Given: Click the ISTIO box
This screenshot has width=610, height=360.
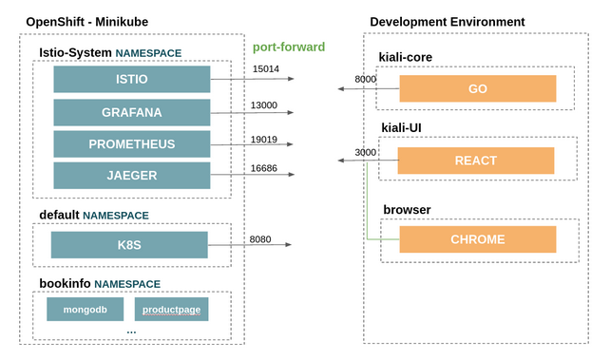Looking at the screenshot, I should click(131, 80).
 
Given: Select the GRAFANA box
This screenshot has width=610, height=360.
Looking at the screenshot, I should click(131, 112).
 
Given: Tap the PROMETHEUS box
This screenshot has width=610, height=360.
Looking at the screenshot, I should click(131, 144).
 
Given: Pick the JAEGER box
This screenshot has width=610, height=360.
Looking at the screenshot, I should click(131, 176).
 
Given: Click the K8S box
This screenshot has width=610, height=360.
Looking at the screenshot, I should click(129, 245).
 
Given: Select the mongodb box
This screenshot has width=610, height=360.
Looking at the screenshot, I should click(85, 309).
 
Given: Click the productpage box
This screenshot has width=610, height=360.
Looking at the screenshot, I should click(171, 309).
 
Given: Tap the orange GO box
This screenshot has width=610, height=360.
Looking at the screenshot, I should click(477, 88).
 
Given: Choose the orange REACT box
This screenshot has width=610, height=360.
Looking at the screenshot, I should click(476, 161).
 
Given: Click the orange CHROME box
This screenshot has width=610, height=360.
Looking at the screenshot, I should click(477, 239).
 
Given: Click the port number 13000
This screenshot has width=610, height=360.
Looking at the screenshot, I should click(264, 104).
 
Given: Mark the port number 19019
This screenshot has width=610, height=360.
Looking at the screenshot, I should click(264, 139).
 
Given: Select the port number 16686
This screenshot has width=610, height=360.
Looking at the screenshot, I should click(264, 167).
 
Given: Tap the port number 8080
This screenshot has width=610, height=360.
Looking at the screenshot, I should click(261, 238).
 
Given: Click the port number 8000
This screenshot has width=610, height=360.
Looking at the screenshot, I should click(365, 79).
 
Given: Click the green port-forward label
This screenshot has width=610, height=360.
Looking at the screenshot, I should click(288, 47).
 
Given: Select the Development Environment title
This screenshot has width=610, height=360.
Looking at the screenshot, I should click(447, 22).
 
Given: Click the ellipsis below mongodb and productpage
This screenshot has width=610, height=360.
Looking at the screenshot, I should click(131, 332).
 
